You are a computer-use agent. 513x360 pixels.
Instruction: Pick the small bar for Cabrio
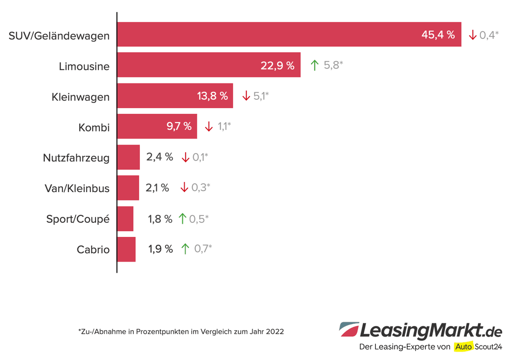126,249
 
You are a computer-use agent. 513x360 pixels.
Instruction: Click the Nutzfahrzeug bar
128,157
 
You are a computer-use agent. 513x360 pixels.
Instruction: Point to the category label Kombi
94,127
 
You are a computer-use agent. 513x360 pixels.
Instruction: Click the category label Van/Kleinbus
77,188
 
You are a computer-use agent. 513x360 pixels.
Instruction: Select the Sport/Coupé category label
78,219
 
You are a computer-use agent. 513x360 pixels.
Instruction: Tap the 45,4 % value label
438,35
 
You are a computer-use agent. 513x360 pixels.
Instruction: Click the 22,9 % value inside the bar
277,66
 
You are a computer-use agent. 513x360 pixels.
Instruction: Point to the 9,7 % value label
179,126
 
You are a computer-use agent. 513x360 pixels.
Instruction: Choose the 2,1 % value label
157,188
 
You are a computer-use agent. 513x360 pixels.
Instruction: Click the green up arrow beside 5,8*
314,65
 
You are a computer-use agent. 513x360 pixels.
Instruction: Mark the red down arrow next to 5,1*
246,96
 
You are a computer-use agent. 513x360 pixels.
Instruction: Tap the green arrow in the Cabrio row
185,249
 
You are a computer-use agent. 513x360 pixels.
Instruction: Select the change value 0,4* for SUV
489,35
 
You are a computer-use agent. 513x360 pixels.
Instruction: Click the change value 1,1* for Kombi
224,126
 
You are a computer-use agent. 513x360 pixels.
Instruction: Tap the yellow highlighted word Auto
464,346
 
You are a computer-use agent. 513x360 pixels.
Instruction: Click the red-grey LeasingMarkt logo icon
349,329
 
